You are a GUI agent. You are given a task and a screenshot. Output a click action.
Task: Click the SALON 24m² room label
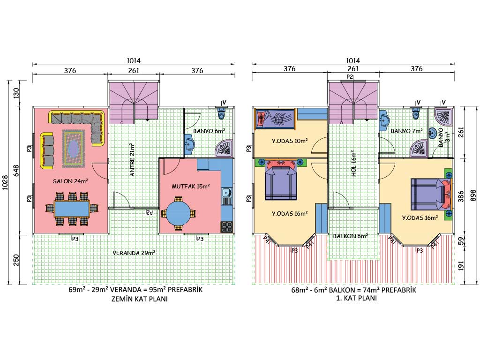pyautogui.click(x=70, y=181)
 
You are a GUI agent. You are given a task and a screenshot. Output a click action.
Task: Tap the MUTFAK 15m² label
pyautogui.click(x=190, y=186)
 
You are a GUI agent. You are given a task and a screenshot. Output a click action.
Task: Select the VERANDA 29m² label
pyautogui.click(x=134, y=253)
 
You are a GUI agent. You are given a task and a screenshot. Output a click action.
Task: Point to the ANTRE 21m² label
pyautogui.click(x=132, y=160)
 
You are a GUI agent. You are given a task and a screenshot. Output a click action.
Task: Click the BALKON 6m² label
pyautogui.click(x=351, y=236)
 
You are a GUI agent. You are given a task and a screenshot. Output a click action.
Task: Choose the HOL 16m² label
pyautogui.click(x=353, y=164)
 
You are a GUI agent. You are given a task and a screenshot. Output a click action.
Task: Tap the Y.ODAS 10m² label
pyautogui.click(x=290, y=141)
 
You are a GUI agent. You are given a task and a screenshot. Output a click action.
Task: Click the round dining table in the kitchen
pyautogui.click(x=178, y=213)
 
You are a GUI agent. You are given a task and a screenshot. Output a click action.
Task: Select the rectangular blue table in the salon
pyautogui.click(x=72, y=209)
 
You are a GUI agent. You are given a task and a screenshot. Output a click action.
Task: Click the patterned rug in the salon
pyautogui.click(x=73, y=149)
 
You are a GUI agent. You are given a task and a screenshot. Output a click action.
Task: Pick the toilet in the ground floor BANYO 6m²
pyautogui.click(x=221, y=113)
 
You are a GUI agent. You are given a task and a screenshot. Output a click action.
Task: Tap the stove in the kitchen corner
pyautogui.click(x=227, y=227)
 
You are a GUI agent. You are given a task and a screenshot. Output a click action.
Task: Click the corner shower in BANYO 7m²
pyautogui.click(x=420, y=148)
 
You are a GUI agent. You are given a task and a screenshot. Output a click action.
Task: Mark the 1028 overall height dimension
pyautogui.click(x=5, y=182)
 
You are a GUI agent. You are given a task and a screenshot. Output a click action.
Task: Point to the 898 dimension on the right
pyautogui.click(x=473, y=195)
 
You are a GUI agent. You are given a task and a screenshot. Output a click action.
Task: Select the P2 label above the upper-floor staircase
pyautogui.click(x=350, y=76)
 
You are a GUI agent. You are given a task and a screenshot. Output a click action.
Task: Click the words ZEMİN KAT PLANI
pyautogui.click(x=140, y=299)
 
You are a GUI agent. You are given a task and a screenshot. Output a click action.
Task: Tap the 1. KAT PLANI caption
pyautogui.click(x=357, y=298)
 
